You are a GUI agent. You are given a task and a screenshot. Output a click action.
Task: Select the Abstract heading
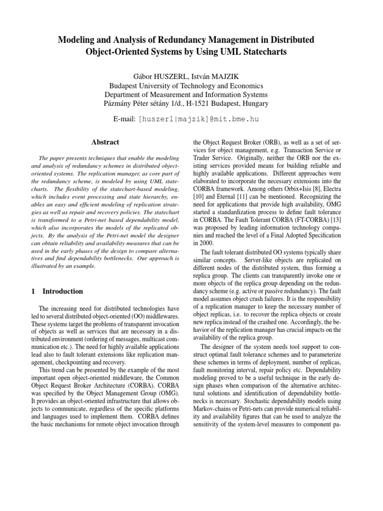[x=105, y=142]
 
